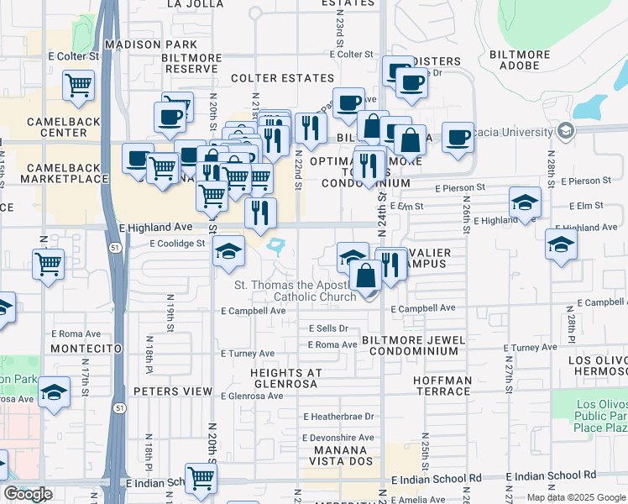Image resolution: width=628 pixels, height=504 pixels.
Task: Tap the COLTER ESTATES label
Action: (282, 78)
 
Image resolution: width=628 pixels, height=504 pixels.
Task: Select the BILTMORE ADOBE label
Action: (519, 61)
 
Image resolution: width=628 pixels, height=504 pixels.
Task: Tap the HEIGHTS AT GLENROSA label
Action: (285, 378)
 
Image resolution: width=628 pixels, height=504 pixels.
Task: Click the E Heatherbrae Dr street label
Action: (339, 417)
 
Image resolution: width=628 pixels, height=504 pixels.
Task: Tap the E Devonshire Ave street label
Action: (339, 438)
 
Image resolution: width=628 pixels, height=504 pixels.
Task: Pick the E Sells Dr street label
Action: (327, 328)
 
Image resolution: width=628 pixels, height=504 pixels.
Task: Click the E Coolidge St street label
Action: (177, 244)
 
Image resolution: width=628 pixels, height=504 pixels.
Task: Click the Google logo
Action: (28, 494)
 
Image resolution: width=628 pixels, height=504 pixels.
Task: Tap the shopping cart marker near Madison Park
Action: (78, 84)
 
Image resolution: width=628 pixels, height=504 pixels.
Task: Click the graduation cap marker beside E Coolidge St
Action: (227, 252)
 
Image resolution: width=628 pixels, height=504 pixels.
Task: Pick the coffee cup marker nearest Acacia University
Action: (458, 138)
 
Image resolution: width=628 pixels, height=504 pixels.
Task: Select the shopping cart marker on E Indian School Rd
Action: (201, 479)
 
